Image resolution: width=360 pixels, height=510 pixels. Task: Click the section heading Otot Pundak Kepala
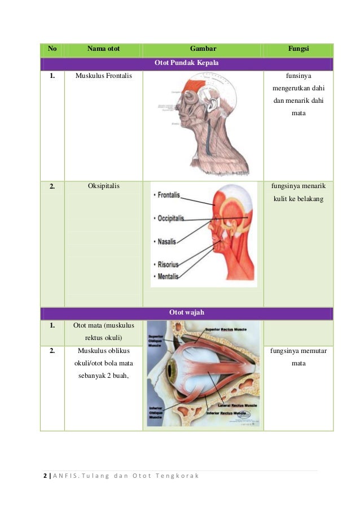(186, 63)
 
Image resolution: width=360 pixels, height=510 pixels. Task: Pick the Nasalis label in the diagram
(166, 242)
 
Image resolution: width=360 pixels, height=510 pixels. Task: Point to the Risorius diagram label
(168, 264)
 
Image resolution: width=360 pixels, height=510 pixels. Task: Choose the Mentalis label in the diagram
(168, 277)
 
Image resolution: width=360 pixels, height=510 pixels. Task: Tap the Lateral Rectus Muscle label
(229, 406)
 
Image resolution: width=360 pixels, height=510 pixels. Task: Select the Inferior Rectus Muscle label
(227, 413)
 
